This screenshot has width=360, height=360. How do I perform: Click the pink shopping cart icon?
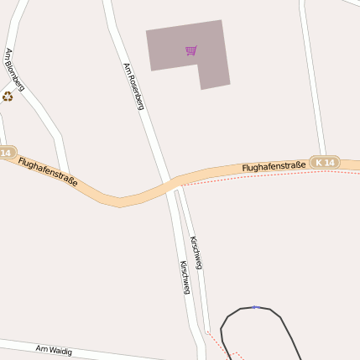[x=191, y=50]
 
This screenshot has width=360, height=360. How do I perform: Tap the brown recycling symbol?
[x=8, y=97]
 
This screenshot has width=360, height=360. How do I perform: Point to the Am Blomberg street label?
[x=14, y=70]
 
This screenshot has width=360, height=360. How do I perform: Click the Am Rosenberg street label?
[x=133, y=86]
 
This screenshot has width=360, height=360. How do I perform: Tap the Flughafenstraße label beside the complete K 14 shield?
[x=273, y=167]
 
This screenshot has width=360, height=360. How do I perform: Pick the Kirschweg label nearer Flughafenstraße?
[x=196, y=252]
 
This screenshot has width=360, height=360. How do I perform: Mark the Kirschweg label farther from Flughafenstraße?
[x=185, y=277]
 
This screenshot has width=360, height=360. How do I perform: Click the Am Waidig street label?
[x=54, y=349]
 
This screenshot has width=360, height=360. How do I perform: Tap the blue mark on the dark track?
[x=254, y=307]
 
